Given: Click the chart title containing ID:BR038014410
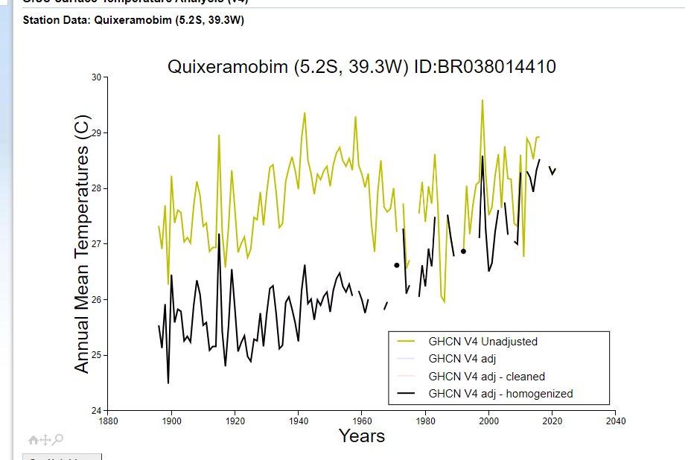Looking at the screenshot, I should (361, 67).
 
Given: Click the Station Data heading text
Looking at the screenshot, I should (134, 20).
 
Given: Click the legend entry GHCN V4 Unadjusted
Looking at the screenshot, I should (483, 342).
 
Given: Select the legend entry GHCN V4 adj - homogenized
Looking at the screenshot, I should (500, 394).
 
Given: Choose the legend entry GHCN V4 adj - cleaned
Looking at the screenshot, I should (486, 377).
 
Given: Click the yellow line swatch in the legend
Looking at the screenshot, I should (406, 342).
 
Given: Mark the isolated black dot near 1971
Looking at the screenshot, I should (397, 265).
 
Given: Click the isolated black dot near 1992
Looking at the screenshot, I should (463, 252).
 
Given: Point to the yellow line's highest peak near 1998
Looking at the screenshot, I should (483, 100).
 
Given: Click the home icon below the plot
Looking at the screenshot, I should (33, 440).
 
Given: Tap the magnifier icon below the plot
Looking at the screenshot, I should (58, 440).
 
